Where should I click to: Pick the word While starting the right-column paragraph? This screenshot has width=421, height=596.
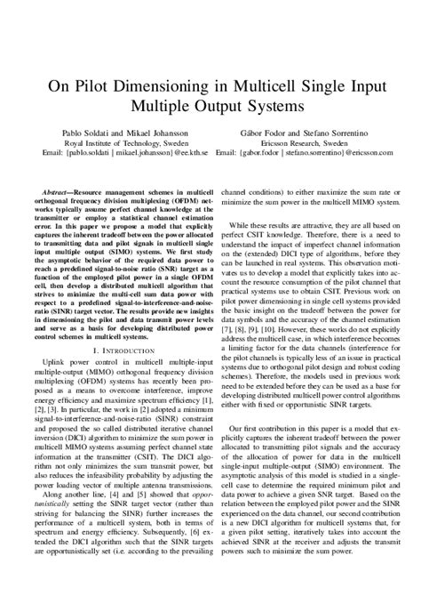click(x=237, y=230)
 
